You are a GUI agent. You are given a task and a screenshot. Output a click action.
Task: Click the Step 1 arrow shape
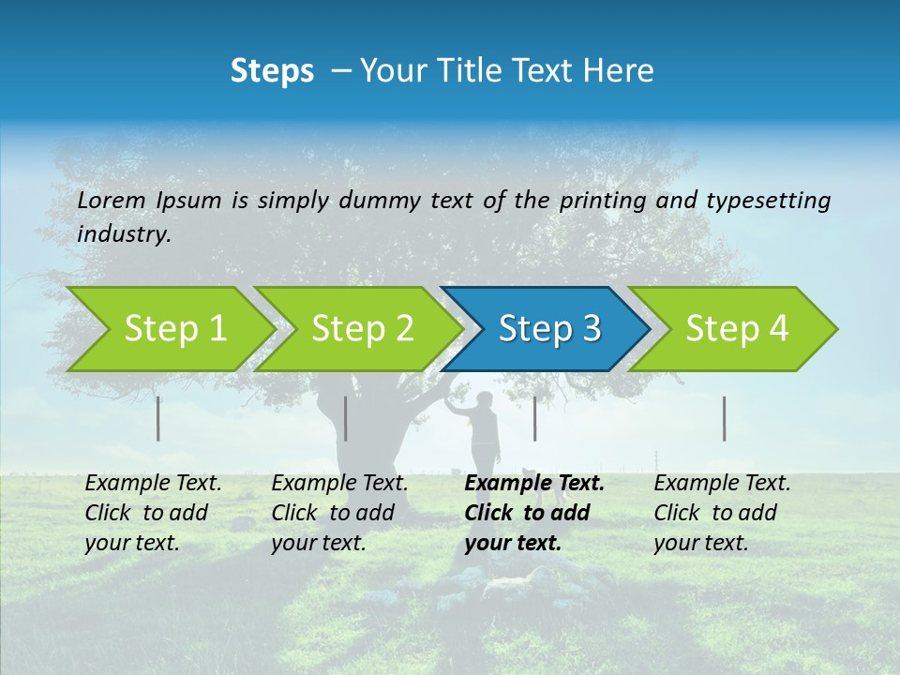(x=174, y=328)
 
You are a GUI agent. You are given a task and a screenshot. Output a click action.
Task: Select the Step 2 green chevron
(x=362, y=328)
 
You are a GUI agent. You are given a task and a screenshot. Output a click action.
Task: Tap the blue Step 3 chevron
(x=549, y=328)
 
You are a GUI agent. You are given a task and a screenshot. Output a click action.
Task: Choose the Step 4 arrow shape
(x=737, y=328)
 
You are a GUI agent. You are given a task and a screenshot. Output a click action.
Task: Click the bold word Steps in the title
(x=272, y=71)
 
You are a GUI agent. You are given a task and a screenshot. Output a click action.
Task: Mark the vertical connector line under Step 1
(x=158, y=418)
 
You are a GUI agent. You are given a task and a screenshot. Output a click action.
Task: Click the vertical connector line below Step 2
(x=346, y=418)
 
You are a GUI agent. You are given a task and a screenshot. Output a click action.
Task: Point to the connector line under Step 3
(x=535, y=418)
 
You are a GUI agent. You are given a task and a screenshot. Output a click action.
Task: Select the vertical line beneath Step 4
(x=725, y=418)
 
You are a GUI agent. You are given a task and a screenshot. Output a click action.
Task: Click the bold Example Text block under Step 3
(x=532, y=513)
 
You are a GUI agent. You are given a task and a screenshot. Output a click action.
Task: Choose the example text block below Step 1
(x=153, y=513)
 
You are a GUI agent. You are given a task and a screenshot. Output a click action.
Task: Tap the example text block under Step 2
(x=339, y=513)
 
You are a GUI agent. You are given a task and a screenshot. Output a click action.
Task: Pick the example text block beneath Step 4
(x=721, y=513)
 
